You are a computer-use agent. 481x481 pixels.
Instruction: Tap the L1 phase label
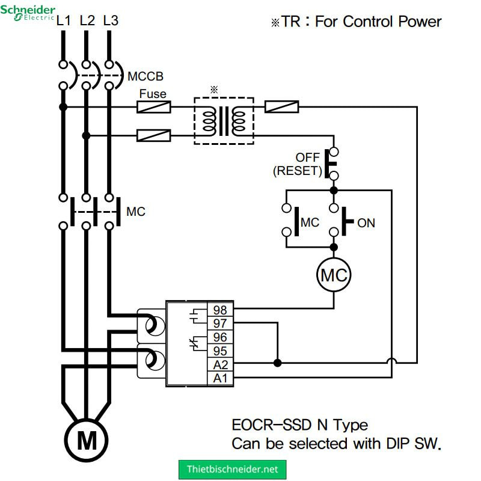click(64, 20)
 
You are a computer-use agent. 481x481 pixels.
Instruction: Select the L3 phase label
click(111, 20)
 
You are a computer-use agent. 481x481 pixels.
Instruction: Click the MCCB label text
click(145, 77)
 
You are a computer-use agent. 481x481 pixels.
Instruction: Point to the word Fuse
click(153, 94)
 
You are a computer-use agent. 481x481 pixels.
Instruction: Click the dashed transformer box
click(224, 120)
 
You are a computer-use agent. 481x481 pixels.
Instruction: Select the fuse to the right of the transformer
click(282, 107)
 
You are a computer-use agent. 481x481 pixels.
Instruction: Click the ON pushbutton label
click(366, 223)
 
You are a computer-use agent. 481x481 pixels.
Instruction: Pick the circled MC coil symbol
click(334, 275)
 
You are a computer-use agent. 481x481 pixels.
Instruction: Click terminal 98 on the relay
click(220, 310)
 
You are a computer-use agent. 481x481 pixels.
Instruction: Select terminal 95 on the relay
click(220, 351)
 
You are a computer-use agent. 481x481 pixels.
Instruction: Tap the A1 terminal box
click(220, 378)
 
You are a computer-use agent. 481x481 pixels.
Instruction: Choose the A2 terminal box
click(220, 364)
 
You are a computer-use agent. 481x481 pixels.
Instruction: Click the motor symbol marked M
click(87, 441)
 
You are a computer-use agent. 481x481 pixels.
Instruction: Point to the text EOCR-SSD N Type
click(299, 425)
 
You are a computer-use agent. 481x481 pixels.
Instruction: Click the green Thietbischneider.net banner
click(233, 469)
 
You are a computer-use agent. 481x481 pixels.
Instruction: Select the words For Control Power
click(378, 22)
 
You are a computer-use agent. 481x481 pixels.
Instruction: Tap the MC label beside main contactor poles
click(135, 212)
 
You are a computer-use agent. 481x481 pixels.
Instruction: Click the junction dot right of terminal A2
click(277, 363)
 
